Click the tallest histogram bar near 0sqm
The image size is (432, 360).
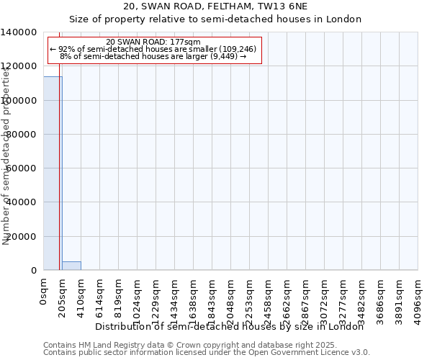pos(52,173)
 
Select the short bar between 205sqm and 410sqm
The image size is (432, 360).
pos(71,266)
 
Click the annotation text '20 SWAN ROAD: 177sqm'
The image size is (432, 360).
pos(153,42)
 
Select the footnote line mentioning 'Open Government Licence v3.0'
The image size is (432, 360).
pos(207,353)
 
